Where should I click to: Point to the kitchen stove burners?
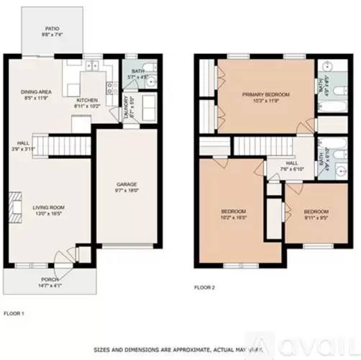pyautogui.click(x=111, y=89)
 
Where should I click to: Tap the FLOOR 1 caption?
pyautogui.click(x=14, y=314)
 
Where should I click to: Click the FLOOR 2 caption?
pyautogui.click(x=204, y=287)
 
